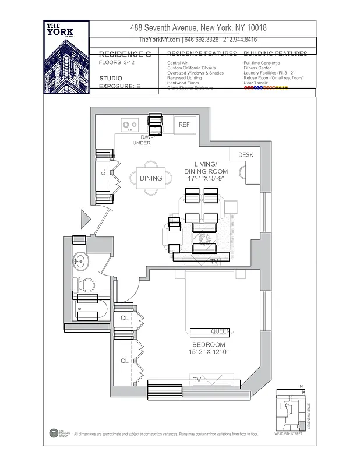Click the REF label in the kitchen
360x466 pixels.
pyautogui.click(x=184, y=125)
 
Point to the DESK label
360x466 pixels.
pyautogui.click(x=246, y=155)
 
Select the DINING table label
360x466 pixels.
pyautogui.click(x=151, y=178)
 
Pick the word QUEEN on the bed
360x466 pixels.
pyautogui.click(x=220, y=331)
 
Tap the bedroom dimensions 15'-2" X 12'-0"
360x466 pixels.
pyautogui.click(x=208, y=352)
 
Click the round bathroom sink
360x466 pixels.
pyautogui.click(x=80, y=260)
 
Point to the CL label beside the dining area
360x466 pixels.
pyautogui.click(x=103, y=172)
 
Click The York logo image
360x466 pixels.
pyautogui.click(x=66, y=56)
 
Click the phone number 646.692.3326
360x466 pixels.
pyautogui.click(x=202, y=40)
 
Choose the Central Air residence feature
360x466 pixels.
pyautogui.click(x=177, y=62)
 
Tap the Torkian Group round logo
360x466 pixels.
pyautogui.click(x=54, y=433)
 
